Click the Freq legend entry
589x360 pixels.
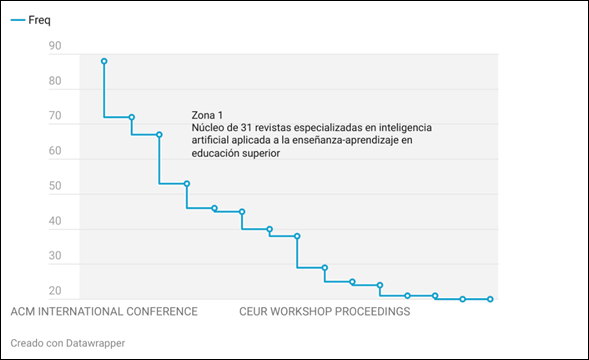click(x=39, y=21)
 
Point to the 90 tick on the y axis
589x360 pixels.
click(x=56, y=46)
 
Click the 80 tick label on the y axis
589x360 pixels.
click(x=56, y=82)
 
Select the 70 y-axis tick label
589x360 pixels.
click(x=56, y=117)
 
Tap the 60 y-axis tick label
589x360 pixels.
click(x=56, y=152)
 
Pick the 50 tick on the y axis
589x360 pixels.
click(x=56, y=187)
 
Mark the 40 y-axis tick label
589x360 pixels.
click(x=56, y=222)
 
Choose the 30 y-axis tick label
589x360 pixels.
click(x=56, y=257)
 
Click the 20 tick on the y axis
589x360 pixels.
click(x=56, y=292)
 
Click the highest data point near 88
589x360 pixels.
click(x=104, y=61)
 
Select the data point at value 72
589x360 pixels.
click(x=131, y=117)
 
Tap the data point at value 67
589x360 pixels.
click(x=159, y=134)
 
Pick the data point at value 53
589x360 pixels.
click(x=187, y=183)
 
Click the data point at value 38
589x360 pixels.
click(x=297, y=236)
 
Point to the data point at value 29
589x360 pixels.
click(x=324, y=267)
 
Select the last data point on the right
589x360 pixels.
click(x=490, y=299)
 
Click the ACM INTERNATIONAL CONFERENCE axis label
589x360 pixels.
click(x=104, y=312)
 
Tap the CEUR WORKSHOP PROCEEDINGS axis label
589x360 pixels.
click(x=325, y=312)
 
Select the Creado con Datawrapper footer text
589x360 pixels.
click(x=68, y=343)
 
